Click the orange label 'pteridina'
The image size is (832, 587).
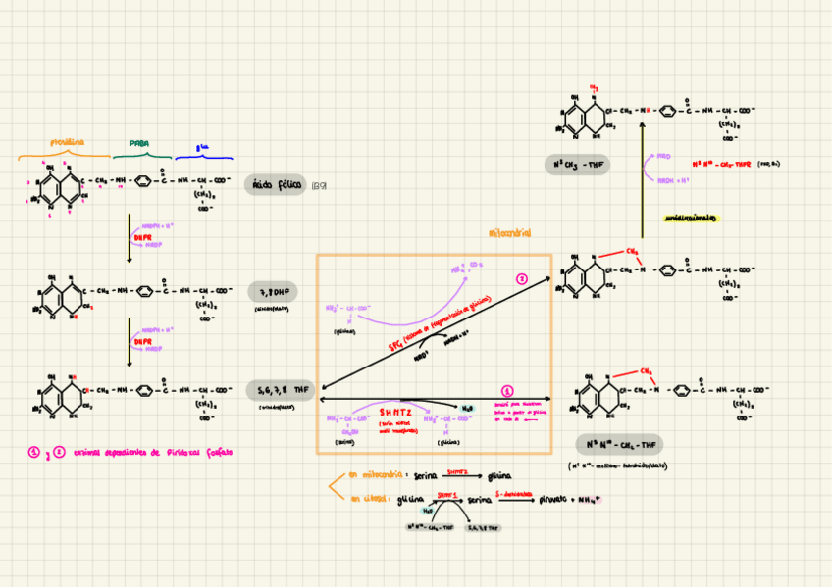66,142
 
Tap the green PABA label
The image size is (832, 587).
139,143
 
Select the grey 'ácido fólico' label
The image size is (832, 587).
276,184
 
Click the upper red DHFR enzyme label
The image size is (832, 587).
142,236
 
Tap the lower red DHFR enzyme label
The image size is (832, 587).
142,342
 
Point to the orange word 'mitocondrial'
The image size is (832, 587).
510,234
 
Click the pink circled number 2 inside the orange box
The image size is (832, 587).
522,279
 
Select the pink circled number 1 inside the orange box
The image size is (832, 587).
507,390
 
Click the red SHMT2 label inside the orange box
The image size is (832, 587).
396,413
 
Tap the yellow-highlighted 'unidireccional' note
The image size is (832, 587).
690,218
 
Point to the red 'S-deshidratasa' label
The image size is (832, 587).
513,493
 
